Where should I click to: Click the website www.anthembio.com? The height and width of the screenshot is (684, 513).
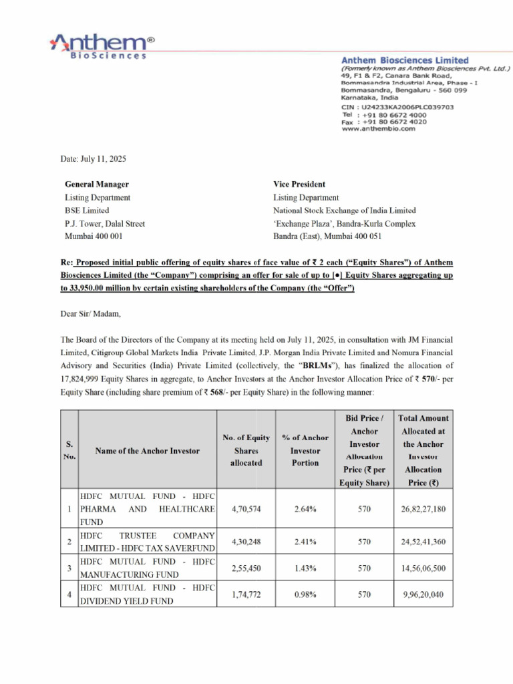pos(378,129)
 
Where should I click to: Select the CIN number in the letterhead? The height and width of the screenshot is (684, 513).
pos(397,106)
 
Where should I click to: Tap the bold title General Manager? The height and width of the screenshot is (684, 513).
pos(97,184)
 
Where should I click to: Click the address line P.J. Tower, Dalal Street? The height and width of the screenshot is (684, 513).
pos(105,224)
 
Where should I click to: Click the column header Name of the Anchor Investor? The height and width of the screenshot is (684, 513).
pos(147,451)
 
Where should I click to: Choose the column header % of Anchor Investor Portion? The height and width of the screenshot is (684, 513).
pos(305,450)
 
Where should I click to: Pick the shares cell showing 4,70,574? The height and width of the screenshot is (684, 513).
pos(246,509)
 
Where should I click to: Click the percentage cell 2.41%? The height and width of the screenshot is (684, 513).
pos(305,542)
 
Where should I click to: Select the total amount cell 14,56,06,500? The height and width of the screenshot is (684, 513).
pos(423,568)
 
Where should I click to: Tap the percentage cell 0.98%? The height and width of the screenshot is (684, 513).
pos(305,594)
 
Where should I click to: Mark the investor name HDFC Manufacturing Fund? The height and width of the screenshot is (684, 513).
pos(147,568)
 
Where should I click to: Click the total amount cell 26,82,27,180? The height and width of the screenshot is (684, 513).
pos(423,509)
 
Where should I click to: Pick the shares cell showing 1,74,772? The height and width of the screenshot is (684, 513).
pos(246,594)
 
